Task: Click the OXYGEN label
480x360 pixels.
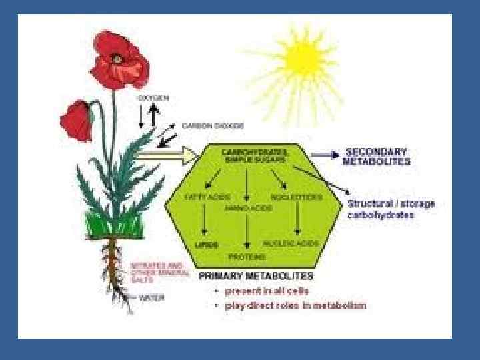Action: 153,98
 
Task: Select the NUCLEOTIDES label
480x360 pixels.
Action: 297,197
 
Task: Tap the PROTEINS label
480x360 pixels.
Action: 247,257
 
